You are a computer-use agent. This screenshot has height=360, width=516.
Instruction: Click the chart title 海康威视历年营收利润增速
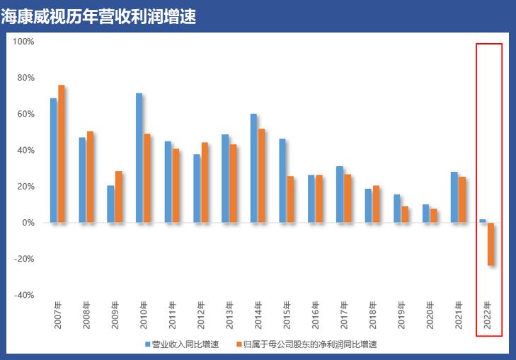click(98, 16)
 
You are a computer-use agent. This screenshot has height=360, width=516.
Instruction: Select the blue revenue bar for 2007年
click(53, 161)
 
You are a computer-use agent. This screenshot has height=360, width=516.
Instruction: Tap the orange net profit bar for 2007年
click(62, 153)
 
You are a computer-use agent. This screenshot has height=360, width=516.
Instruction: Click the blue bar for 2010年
click(139, 158)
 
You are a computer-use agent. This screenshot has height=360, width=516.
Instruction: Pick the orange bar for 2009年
click(119, 197)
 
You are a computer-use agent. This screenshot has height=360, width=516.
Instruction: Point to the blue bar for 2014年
click(253, 168)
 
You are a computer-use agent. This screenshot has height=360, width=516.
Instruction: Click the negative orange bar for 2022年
click(491, 244)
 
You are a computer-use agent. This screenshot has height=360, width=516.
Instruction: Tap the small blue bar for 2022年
click(483, 221)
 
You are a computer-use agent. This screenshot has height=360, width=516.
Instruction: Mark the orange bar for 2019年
click(405, 214)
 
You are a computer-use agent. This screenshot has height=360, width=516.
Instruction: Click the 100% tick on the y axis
click(24, 42)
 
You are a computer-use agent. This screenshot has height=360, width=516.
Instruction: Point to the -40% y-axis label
click(24, 295)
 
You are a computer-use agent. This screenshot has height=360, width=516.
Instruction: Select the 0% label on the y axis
click(28, 223)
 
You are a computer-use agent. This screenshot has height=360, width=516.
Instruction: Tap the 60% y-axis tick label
click(25, 114)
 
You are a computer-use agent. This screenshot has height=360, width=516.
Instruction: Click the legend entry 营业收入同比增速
click(181, 344)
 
